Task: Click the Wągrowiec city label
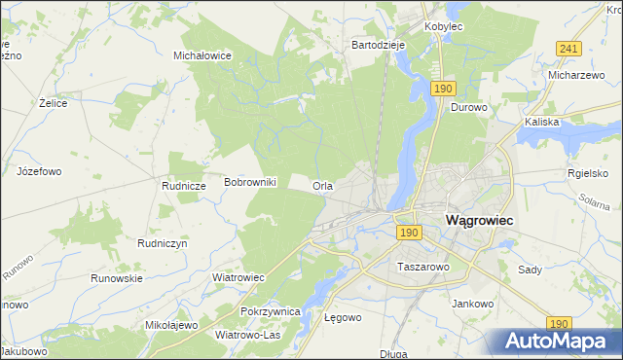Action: (479, 220)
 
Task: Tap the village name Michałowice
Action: (202, 55)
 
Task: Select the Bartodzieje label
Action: (378, 45)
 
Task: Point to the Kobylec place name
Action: (443, 26)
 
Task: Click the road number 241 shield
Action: (569, 49)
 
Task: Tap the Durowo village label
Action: (467, 108)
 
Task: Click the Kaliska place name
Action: (541, 123)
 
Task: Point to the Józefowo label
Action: (39, 171)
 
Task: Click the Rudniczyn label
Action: (162, 244)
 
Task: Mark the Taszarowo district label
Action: (422, 266)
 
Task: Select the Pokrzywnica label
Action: (272, 311)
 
